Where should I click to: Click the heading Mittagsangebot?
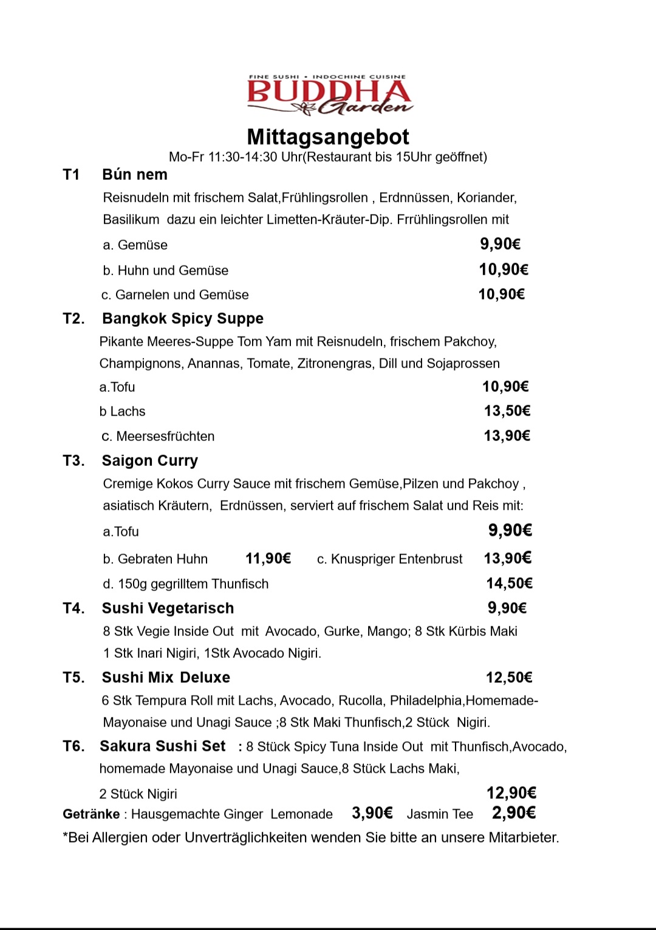pyautogui.click(x=328, y=137)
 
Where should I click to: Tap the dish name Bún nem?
pyautogui.click(x=135, y=175)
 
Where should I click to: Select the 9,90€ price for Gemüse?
pyautogui.click(x=500, y=244)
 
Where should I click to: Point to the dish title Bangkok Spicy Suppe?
pyautogui.click(x=183, y=319)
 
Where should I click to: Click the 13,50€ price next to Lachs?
pyautogui.click(x=507, y=411)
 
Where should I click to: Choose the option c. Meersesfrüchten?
pyautogui.click(x=158, y=436)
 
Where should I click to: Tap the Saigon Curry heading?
pyautogui.click(x=150, y=461)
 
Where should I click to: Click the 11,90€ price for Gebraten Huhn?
pyautogui.click(x=268, y=559)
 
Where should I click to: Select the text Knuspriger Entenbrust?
pyautogui.click(x=397, y=559)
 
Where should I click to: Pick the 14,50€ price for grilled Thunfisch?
pyautogui.click(x=509, y=584)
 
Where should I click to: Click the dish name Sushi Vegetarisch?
pyautogui.click(x=168, y=609)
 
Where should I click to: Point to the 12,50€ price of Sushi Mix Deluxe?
pyautogui.click(x=509, y=678)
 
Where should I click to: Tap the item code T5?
pyautogui.click(x=73, y=678)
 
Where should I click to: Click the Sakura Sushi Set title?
pyautogui.click(x=163, y=747)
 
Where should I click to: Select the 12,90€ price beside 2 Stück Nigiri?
pyautogui.click(x=511, y=793)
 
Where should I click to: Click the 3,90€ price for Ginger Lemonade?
pyautogui.click(x=372, y=813)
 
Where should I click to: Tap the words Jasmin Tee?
pyautogui.click(x=440, y=814)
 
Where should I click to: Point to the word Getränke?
pyautogui.click(x=91, y=814)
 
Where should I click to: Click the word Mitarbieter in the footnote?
pyautogui.click(x=521, y=838)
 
